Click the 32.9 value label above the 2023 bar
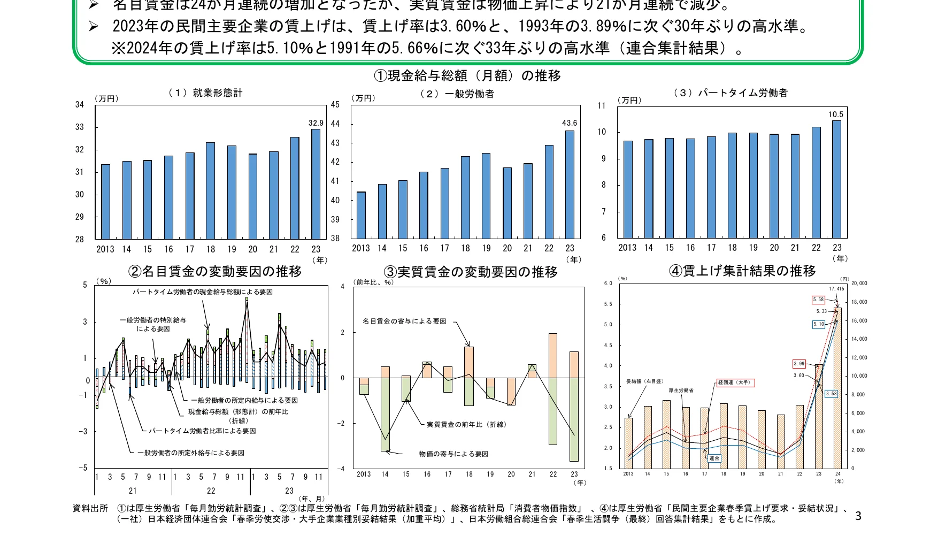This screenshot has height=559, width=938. (x=316, y=123)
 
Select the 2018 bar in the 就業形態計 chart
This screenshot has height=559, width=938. (x=210, y=190)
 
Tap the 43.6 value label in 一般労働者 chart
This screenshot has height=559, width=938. (x=570, y=123)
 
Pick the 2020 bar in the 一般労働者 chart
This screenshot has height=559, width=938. (x=507, y=203)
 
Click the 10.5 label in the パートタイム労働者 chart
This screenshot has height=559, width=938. (x=835, y=114)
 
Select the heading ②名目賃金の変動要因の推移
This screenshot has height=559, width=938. (x=215, y=272)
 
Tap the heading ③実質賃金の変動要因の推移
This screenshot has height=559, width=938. (x=471, y=272)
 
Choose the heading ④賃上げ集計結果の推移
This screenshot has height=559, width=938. (x=742, y=271)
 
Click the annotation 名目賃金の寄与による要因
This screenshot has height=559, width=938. (x=404, y=321)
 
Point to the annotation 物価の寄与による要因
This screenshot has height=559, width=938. (x=453, y=454)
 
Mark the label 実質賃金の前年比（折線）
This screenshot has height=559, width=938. (x=466, y=425)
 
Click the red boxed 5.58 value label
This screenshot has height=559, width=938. (x=818, y=300)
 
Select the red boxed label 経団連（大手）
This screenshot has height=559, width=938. (x=735, y=382)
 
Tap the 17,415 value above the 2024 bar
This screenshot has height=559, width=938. (x=836, y=289)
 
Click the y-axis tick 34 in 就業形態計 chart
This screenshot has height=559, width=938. (x=80, y=105)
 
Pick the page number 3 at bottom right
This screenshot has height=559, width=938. (x=858, y=516)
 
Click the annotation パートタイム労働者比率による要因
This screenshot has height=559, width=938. (x=202, y=431)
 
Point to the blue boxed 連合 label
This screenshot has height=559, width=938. (x=714, y=458)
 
